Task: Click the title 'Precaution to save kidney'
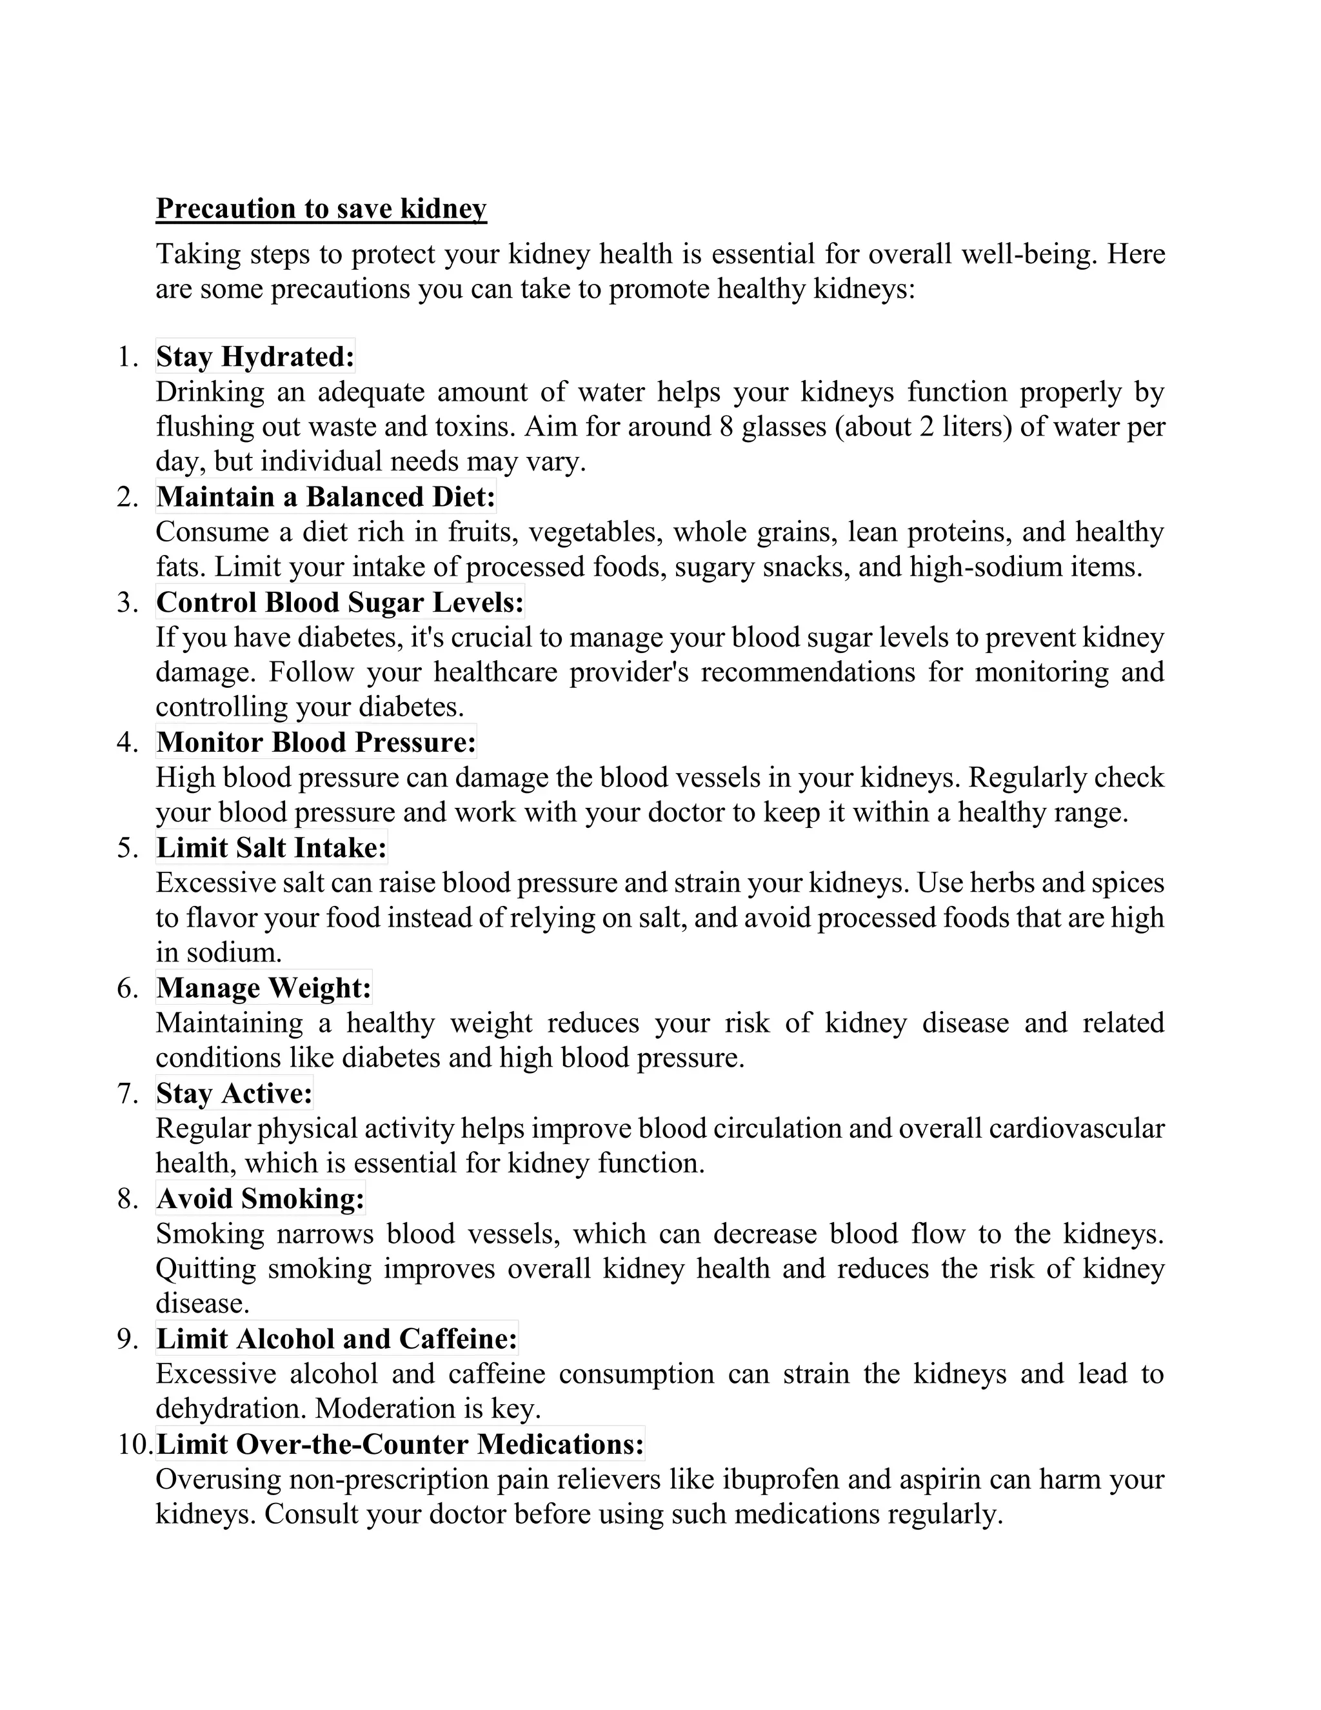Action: (x=321, y=209)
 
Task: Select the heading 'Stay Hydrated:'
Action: (x=255, y=357)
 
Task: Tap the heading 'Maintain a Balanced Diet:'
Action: (x=326, y=497)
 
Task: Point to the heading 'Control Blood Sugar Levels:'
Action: (x=340, y=602)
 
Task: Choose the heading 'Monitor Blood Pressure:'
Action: (x=316, y=742)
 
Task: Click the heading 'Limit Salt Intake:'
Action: (x=272, y=848)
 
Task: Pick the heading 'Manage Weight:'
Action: (x=264, y=988)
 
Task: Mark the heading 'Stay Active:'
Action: (x=234, y=1093)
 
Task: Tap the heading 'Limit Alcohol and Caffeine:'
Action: (x=337, y=1339)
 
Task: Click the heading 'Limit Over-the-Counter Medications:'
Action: (x=400, y=1443)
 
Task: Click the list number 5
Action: (x=128, y=849)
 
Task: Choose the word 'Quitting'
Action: (x=206, y=1269)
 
